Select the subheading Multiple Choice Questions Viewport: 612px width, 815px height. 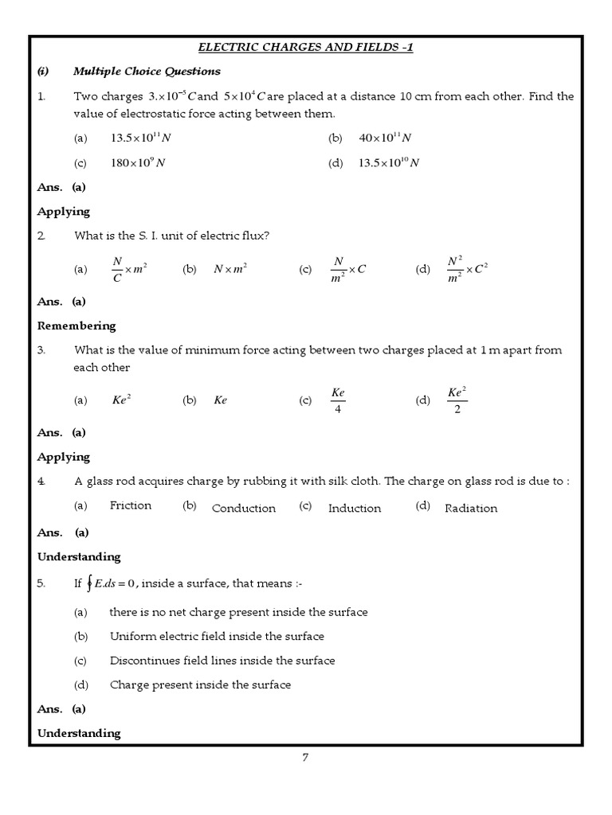[147, 72]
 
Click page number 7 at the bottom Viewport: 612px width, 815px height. [305, 757]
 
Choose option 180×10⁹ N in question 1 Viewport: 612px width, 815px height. [138, 163]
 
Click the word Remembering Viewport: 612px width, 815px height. [76, 326]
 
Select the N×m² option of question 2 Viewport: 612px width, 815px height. [230, 270]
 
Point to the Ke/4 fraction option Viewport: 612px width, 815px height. [338, 400]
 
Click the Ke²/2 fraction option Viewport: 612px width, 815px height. [457, 400]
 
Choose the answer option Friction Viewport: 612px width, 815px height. [131, 505]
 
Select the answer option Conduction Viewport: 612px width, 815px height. [244, 509]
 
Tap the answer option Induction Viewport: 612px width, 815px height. [355, 509]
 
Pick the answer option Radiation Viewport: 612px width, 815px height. [471, 509]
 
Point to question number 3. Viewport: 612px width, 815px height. [41, 349]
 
